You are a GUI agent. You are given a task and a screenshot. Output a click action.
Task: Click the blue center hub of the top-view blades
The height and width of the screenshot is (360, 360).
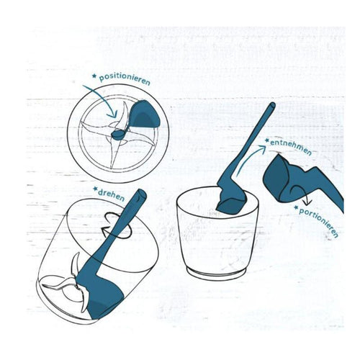coord(117,135)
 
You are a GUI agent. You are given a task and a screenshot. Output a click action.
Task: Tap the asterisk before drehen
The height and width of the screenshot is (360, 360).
coord(96,190)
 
